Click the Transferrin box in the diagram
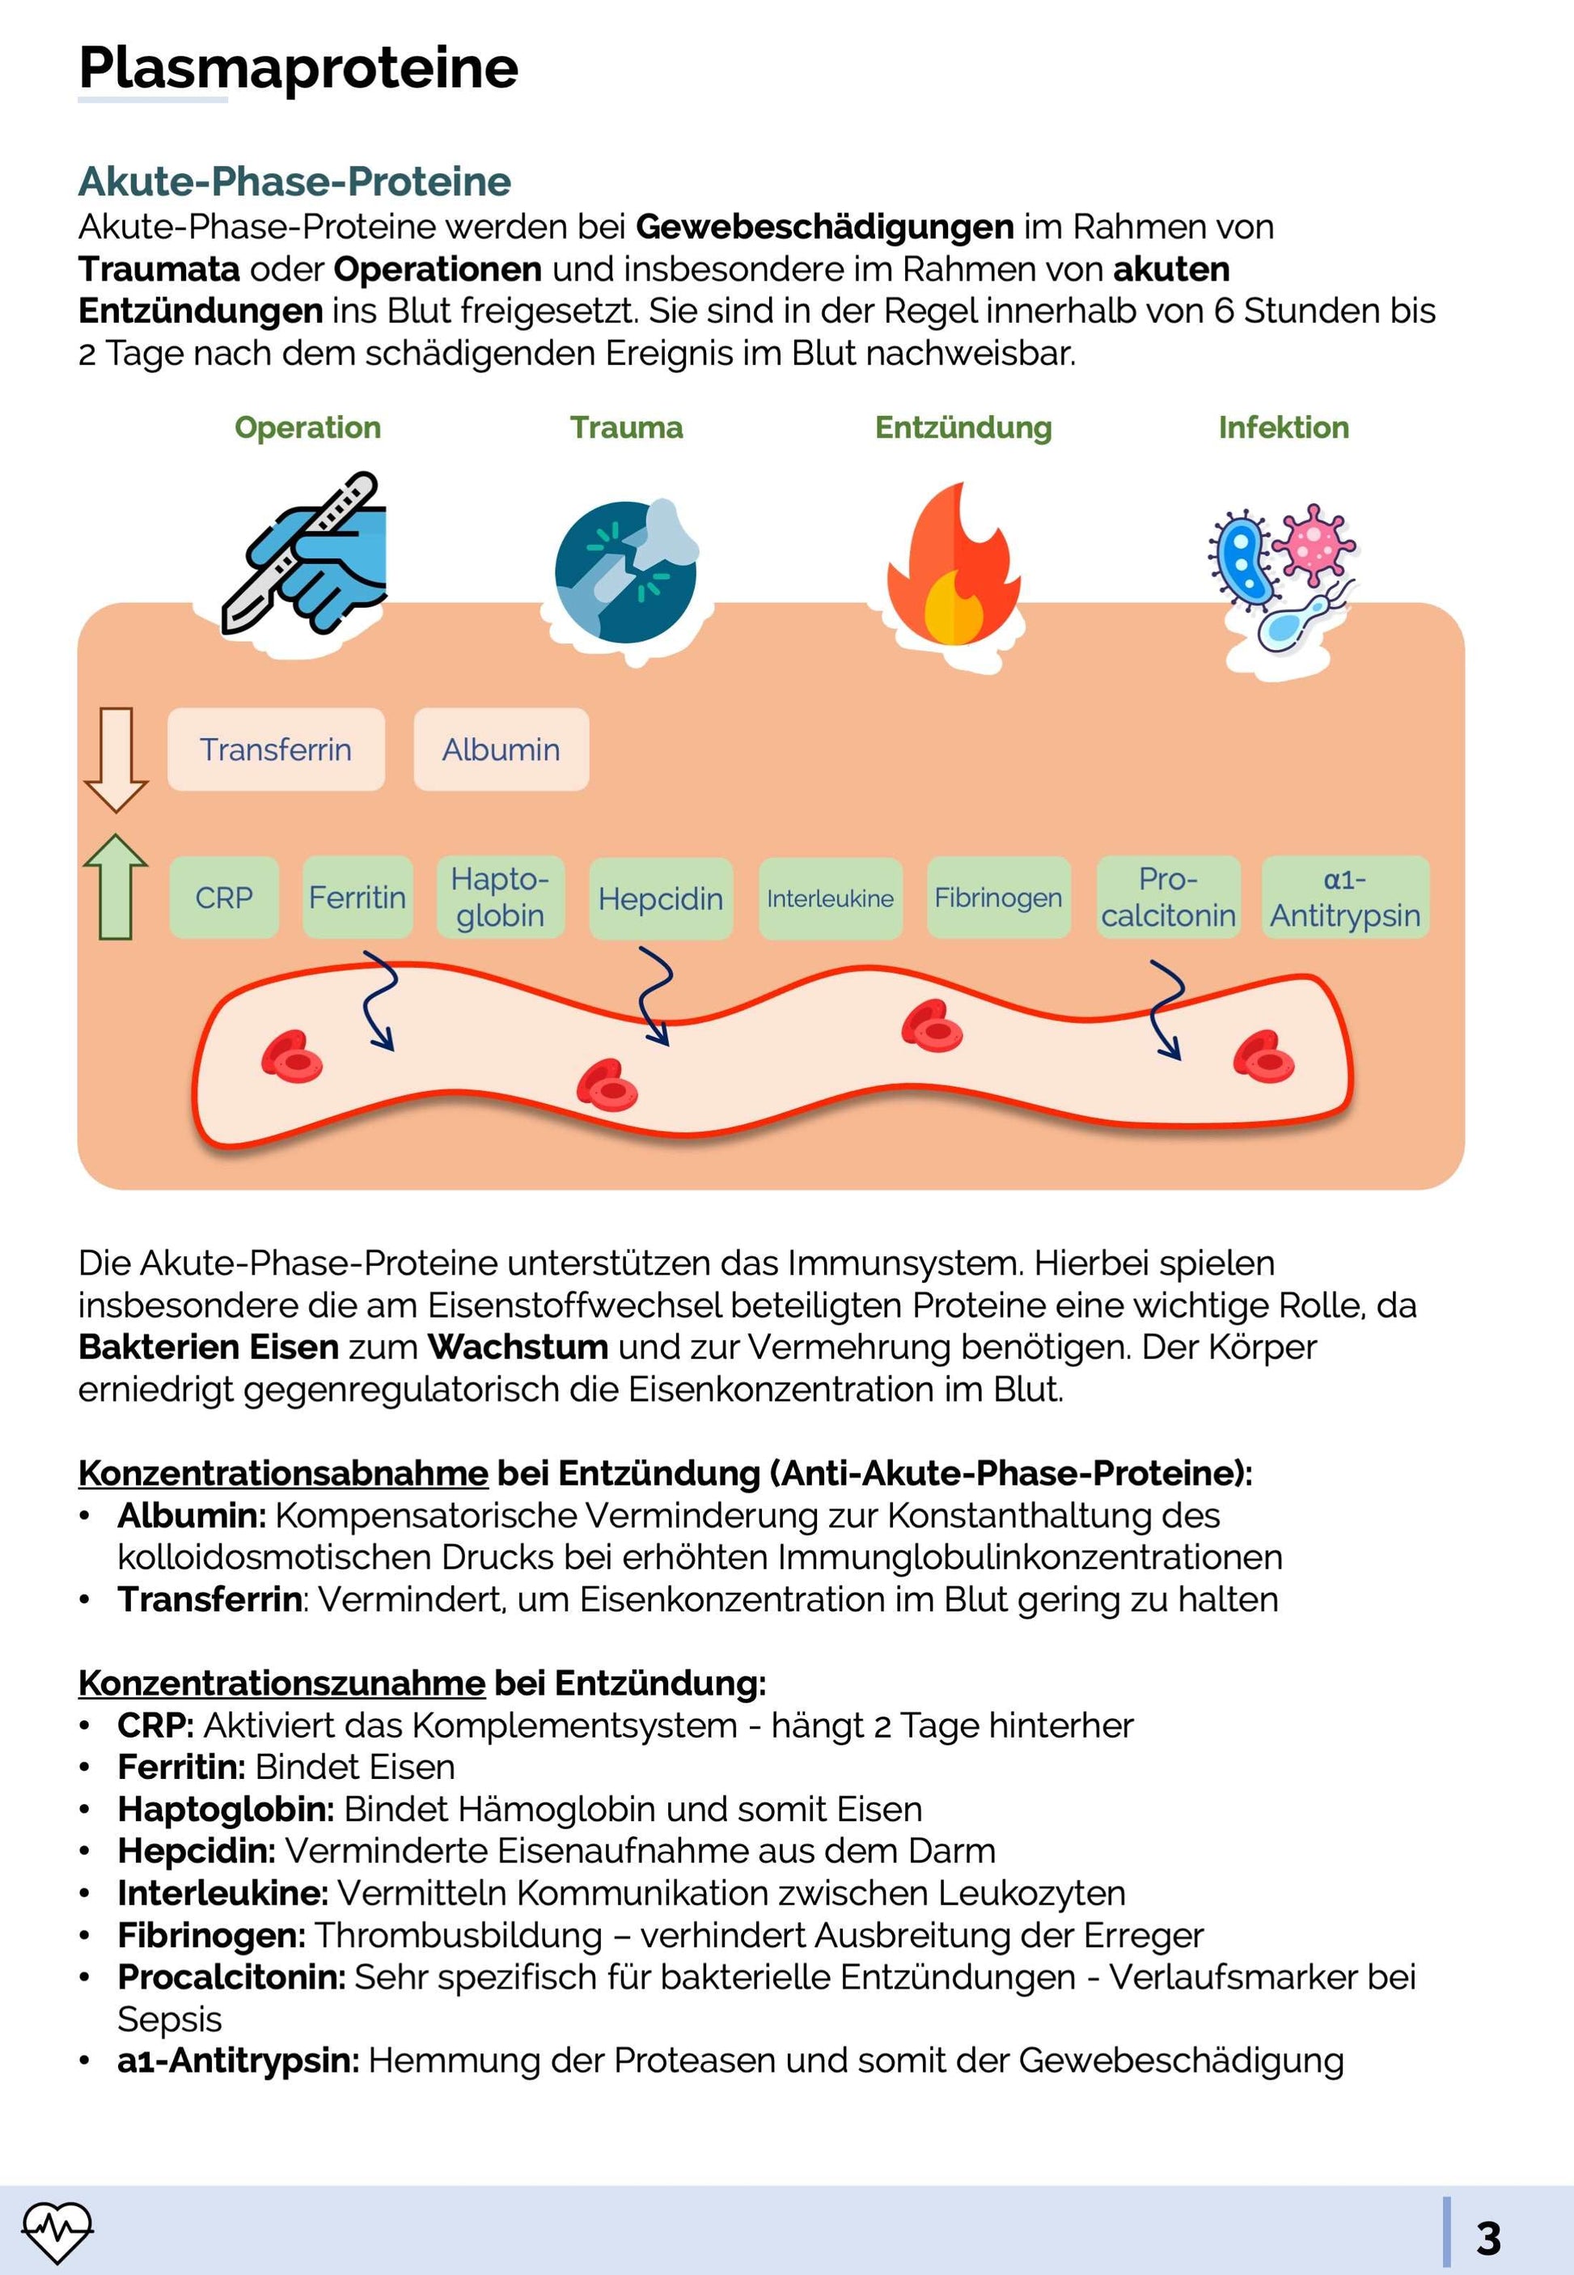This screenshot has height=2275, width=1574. click(275, 749)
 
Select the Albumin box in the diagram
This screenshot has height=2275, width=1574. click(501, 749)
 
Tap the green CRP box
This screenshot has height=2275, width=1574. click(224, 897)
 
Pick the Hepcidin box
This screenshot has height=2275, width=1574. click(661, 898)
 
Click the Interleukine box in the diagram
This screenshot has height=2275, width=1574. click(831, 898)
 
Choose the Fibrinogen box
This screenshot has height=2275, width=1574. click(998, 897)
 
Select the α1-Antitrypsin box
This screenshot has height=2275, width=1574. click(1344, 897)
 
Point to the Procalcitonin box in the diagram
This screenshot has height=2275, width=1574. click(1168, 897)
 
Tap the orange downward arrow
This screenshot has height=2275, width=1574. click(116, 758)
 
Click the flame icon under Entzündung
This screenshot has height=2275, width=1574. click(953, 567)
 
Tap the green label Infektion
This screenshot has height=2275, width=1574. click(1283, 427)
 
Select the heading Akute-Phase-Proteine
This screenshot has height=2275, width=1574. click(295, 181)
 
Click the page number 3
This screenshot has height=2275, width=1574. click(1487, 2239)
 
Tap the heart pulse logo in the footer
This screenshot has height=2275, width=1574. click(57, 2231)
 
